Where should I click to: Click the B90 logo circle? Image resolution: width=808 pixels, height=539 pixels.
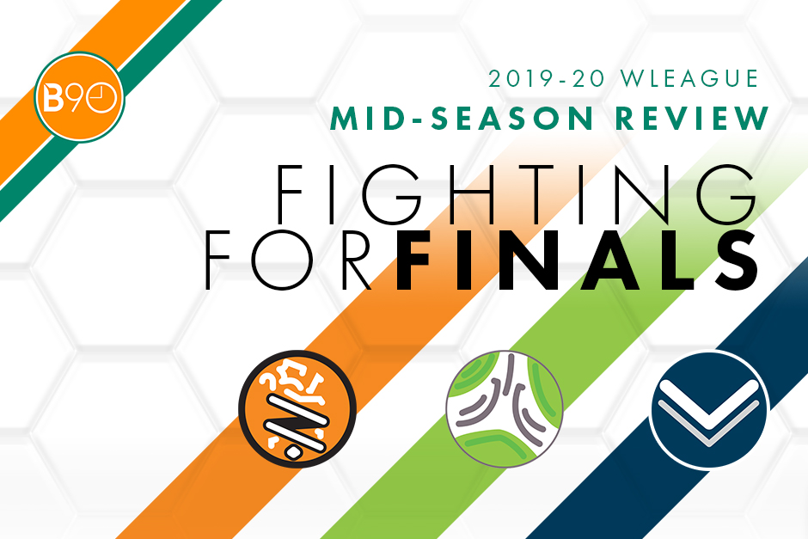(79, 97)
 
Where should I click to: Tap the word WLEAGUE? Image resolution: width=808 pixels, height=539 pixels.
(689, 78)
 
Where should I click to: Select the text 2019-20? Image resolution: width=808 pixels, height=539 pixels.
(547, 78)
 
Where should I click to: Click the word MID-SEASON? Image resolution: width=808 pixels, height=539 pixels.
(462, 118)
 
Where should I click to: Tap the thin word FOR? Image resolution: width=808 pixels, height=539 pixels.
(289, 260)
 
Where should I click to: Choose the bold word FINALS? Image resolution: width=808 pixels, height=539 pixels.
(578, 260)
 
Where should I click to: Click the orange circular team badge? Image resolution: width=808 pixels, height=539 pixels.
(297, 409)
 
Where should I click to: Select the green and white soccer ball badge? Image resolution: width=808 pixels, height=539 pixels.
(505, 409)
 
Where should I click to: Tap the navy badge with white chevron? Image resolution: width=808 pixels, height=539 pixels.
(709, 409)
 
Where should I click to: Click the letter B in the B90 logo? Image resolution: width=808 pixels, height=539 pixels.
(53, 98)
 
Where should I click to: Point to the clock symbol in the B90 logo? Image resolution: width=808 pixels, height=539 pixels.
(101, 98)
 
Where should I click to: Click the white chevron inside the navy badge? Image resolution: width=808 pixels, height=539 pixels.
(708, 410)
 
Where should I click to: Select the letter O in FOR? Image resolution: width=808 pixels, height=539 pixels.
(281, 260)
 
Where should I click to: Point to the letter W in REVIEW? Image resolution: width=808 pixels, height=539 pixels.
(750, 118)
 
